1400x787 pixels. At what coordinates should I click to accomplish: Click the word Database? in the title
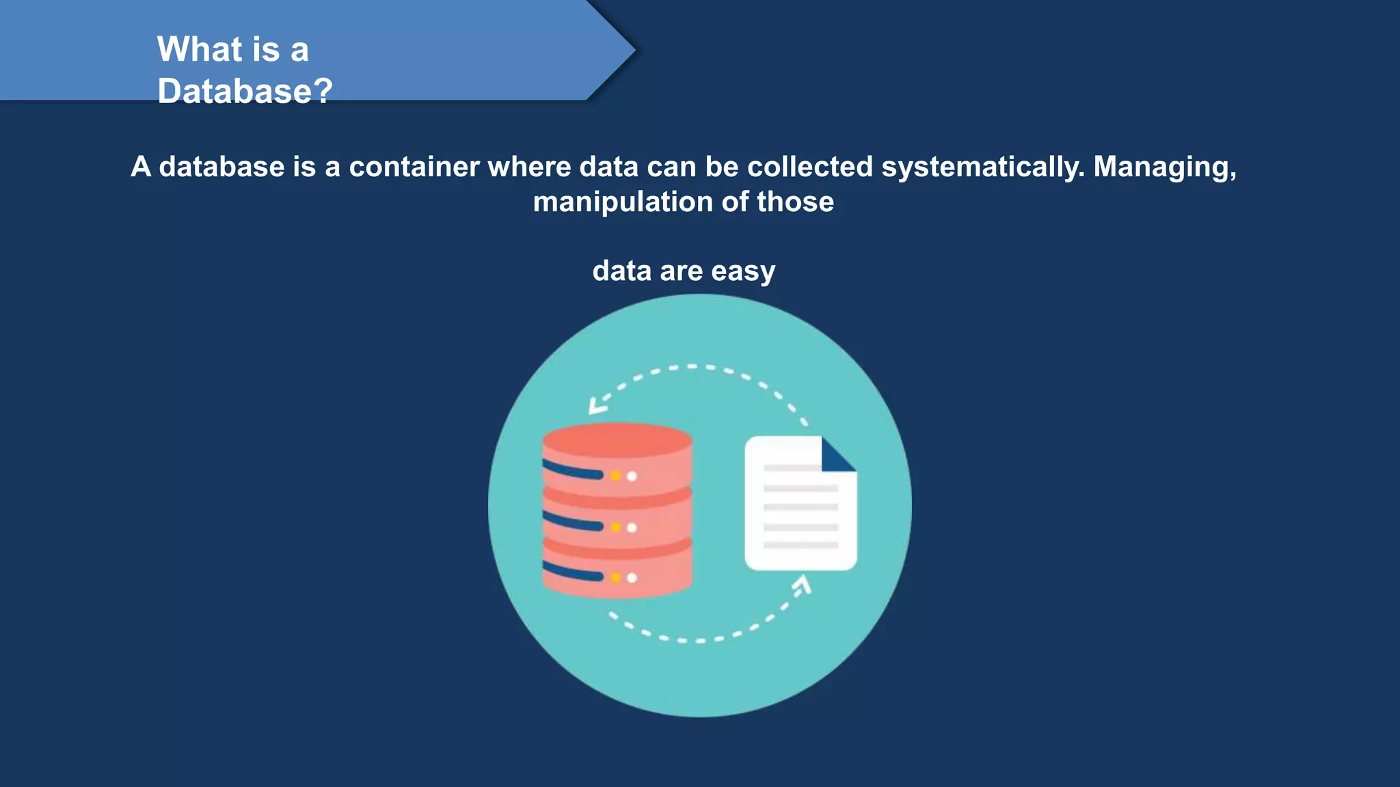point(245,91)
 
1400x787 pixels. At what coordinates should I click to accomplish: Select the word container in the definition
point(414,167)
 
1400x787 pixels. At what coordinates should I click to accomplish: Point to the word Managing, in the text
point(1165,167)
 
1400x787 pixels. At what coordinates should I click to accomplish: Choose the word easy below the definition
point(743,271)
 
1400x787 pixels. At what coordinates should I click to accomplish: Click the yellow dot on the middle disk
point(615,527)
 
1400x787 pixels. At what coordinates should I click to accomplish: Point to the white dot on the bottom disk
point(632,578)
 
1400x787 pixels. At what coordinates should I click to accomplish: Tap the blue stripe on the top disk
point(573,471)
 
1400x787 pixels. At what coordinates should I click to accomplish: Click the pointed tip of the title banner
point(632,49)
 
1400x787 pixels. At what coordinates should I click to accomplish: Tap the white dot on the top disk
point(632,476)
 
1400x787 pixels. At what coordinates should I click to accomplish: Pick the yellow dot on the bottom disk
point(615,578)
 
